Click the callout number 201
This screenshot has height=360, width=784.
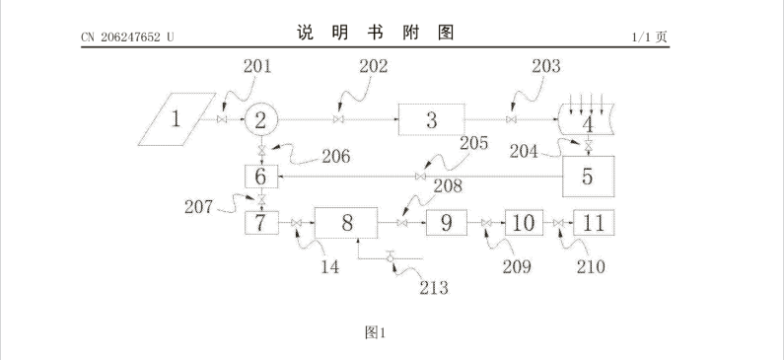coord(257,66)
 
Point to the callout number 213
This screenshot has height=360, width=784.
coord(434,287)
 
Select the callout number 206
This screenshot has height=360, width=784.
coord(336,157)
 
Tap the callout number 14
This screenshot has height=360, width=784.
coord(330,267)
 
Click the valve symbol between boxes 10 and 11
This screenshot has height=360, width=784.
coord(558,223)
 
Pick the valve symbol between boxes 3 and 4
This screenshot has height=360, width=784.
coord(511,119)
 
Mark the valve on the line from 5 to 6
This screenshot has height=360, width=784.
coord(420,176)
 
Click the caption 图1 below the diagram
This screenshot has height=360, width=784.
coord(375,332)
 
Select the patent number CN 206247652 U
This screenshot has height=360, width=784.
coord(127,37)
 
